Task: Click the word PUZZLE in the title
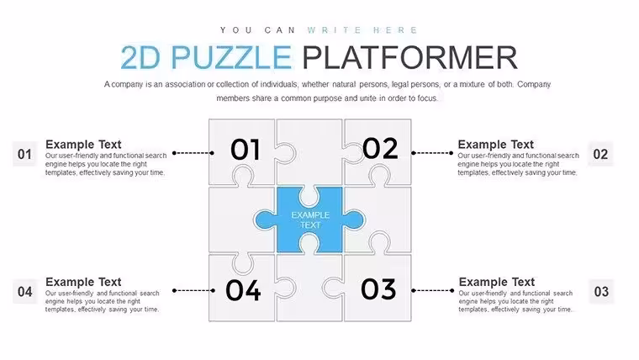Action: point(230,57)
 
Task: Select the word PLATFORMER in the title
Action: point(409,57)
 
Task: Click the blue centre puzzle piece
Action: point(309,220)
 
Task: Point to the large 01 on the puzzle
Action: point(245,150)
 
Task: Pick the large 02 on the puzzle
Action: point(380,148)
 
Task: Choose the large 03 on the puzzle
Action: point(378,289)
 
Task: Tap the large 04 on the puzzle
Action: point(243,290)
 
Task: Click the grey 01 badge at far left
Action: point(25,154)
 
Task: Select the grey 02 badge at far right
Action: point(600,154)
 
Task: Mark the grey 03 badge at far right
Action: point(601,292)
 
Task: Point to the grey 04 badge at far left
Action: point(25,292)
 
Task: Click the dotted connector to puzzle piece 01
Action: point(193,153)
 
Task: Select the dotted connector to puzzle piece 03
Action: point(432,291)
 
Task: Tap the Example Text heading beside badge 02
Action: point(495,145)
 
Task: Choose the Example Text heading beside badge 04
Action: point(83,282)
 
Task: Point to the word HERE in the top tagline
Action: point(395,30)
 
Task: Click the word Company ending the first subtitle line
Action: point(534,84)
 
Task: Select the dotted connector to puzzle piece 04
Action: point(193,291)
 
